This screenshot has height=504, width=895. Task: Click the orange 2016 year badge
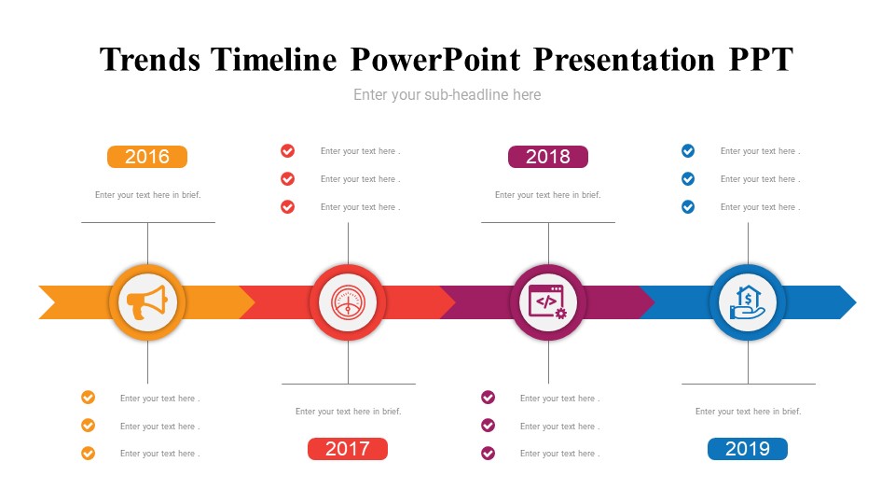(147, 157)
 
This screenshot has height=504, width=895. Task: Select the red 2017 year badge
(348, 449)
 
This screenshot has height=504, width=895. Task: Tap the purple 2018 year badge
(548, 157)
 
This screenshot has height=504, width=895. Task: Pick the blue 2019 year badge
(748, 449)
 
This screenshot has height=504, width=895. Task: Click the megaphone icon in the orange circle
(147, 302)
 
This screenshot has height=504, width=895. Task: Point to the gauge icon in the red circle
(348, 302)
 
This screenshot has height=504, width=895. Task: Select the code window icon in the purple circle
(548, 302)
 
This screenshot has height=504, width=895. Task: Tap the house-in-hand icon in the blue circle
(748, 302)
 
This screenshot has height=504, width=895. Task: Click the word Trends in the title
(150, 60)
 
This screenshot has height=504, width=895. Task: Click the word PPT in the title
(761, 60)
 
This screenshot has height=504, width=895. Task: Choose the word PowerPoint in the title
(435, 60)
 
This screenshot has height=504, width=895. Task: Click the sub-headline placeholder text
(447, 95)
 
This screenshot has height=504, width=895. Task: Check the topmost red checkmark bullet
(288, 151)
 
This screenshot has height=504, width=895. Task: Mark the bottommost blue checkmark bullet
(688, 206)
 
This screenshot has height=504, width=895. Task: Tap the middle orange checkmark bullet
(88, 426)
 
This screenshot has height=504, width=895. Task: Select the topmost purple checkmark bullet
(488, 398)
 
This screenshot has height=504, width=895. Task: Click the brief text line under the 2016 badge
(148, 195)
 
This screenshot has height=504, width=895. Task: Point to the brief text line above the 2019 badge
(749, 412)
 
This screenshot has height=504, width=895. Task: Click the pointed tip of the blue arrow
(856, 302)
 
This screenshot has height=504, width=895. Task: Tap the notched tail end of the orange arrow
(55, 302)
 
